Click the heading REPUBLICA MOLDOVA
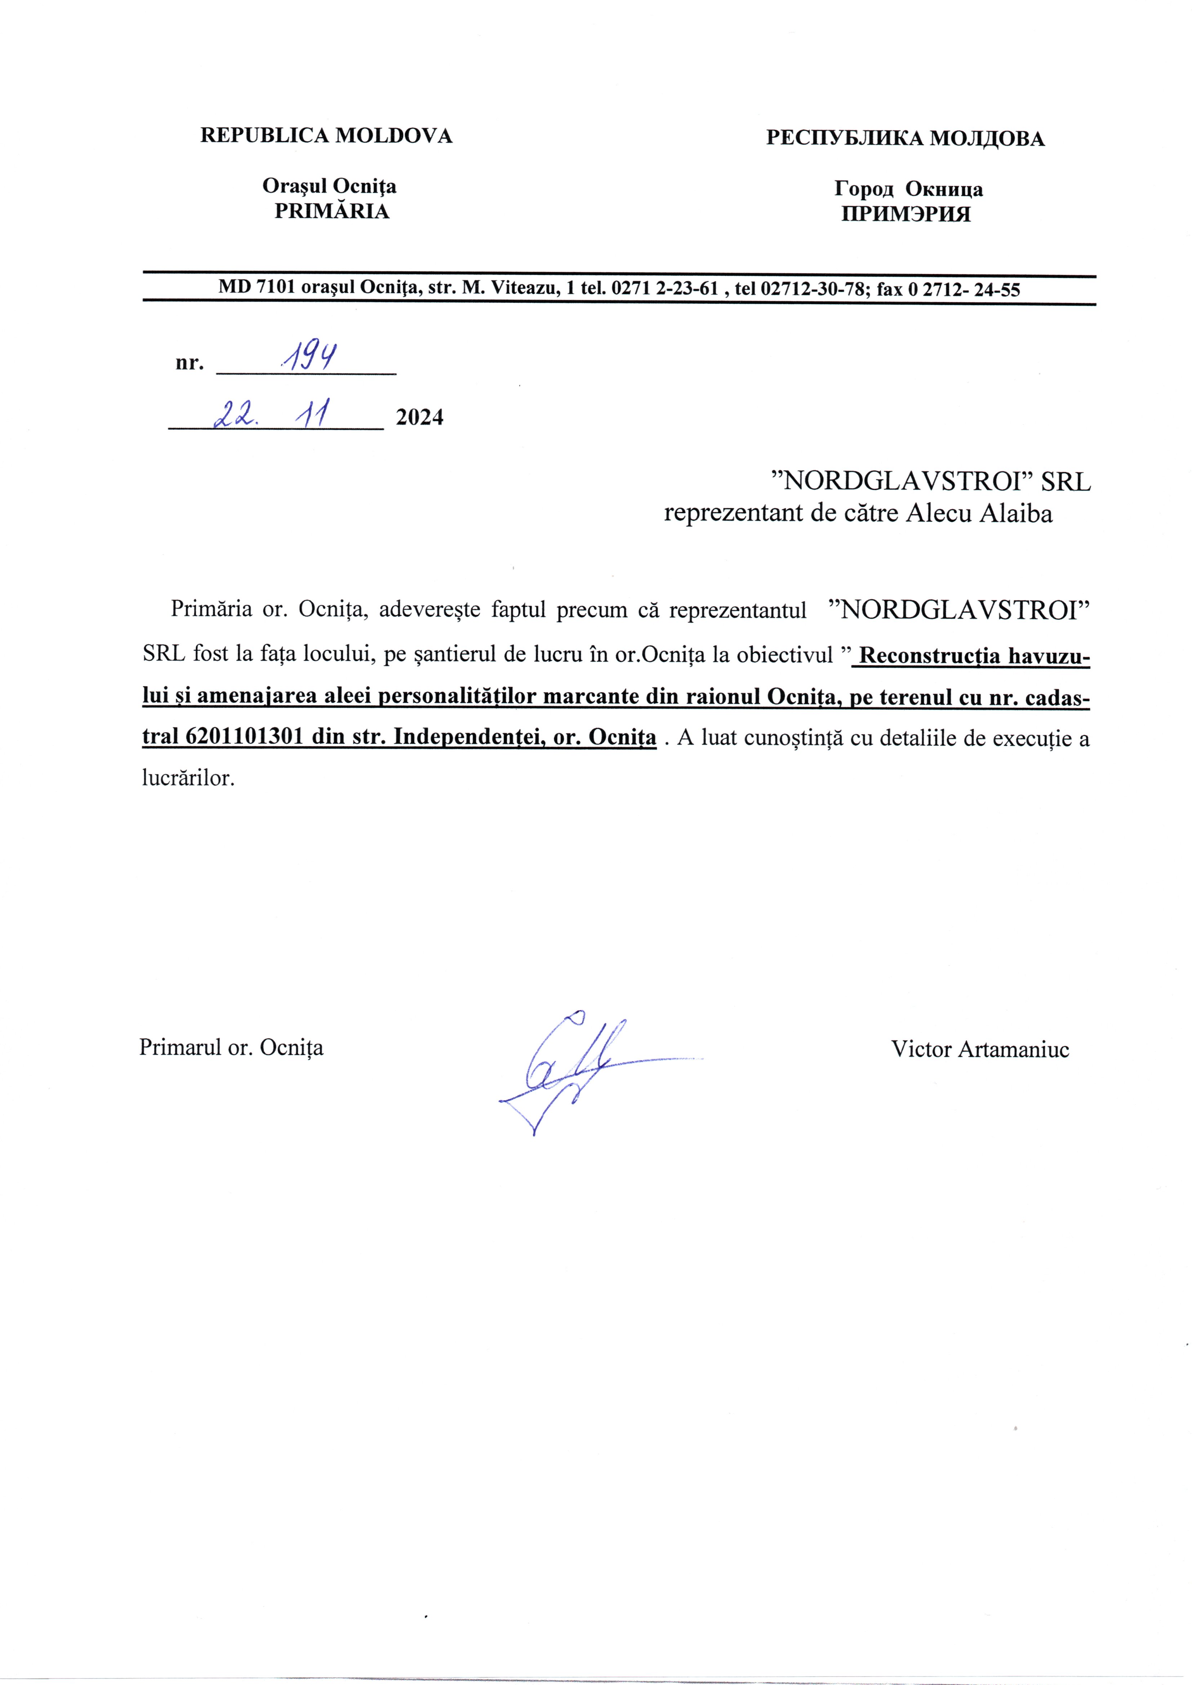(x=326, y=136)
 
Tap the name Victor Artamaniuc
(x=980, y=1049)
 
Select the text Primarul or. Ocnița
(x=231, y=1046)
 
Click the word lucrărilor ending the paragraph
(x=188, y=777)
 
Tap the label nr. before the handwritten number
(x=188, y=363)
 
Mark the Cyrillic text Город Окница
(x=909, y=189)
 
